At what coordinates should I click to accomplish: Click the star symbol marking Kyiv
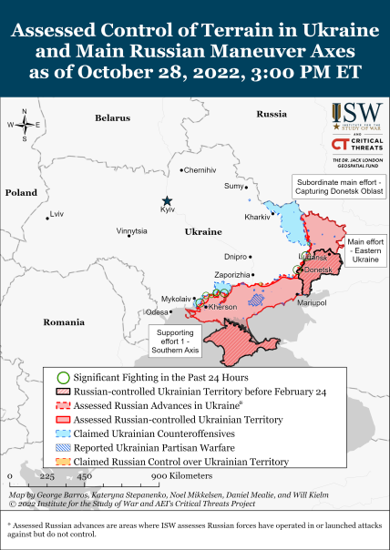[167, 200]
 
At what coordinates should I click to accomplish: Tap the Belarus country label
[113, 118]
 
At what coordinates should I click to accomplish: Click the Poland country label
[21, 193]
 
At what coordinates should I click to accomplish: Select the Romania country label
[63, 322]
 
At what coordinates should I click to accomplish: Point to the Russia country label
[272, 114]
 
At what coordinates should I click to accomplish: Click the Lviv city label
[58, 214]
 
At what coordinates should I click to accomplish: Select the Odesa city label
[158, 312]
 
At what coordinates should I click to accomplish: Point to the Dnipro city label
[236, 257]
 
